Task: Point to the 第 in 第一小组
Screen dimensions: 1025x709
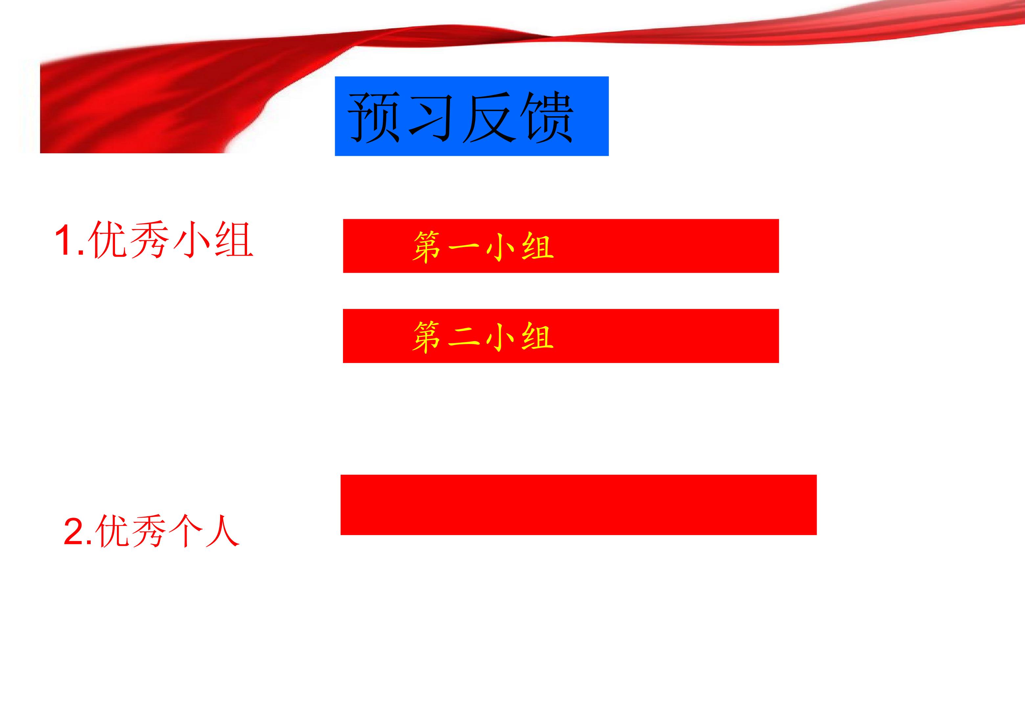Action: (x=427, y=247)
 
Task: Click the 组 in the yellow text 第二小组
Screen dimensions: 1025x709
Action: (x=538, y=337)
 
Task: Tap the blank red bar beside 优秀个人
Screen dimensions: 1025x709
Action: (x=578, y=505)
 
